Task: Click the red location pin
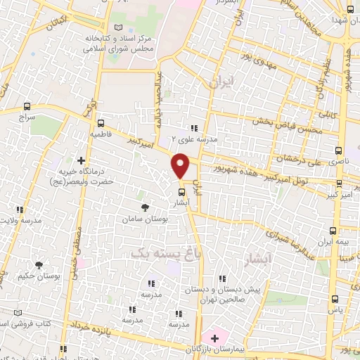coord(181,165)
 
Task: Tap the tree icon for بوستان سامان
coord(145,207)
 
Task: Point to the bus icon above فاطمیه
coord(100,120)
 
